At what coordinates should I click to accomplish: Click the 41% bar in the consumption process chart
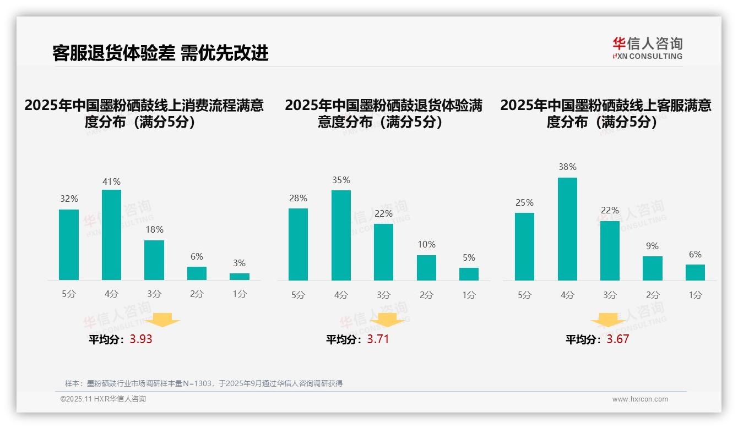[111, 235]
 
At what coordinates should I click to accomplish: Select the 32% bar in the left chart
[69, 245]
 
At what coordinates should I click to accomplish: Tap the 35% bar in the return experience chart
[341, 235]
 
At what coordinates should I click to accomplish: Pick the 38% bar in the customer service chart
[567, 229]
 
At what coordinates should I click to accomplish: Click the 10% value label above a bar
[426, 244]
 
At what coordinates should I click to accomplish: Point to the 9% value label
[652, 246]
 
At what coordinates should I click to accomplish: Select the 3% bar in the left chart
[240, 277]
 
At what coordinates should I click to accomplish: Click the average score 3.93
[141, 339]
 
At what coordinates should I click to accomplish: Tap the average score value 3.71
[378, 339]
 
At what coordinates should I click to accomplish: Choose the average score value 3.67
[617, 339]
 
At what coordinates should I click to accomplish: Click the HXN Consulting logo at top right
[647, 48]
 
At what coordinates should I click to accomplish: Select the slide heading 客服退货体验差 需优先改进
[160, 53]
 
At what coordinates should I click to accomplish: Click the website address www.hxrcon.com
[639, 399]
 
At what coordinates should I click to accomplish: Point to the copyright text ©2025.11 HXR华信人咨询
[103, 399]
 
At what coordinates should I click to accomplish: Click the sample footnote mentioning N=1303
[204, 383]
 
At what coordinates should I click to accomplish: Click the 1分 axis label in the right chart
[695, 295]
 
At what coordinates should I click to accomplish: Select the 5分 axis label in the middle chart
[298, 295]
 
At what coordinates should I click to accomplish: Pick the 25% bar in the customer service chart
[524, 246]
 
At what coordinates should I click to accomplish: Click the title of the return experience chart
[383, 113]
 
